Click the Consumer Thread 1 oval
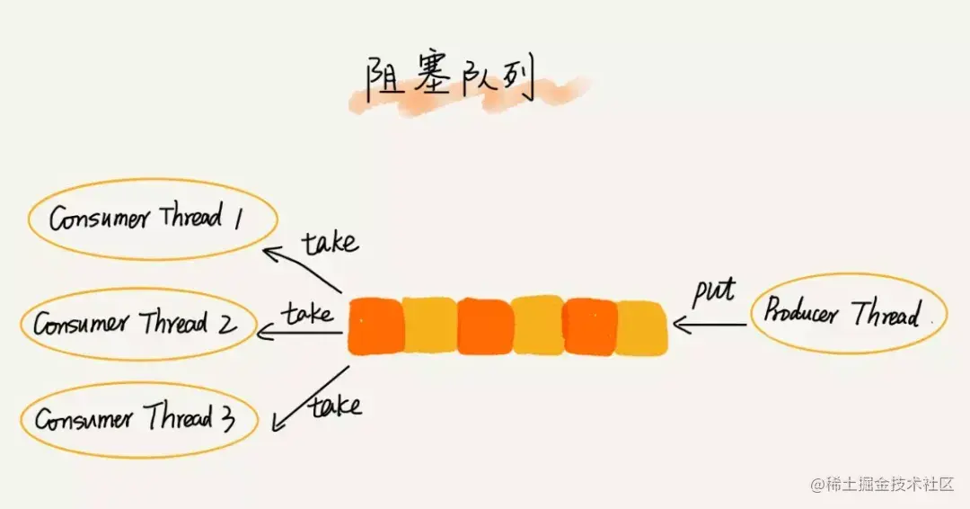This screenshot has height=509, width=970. click(x=151, y=219)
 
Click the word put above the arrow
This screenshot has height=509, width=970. click(x=713, y=290)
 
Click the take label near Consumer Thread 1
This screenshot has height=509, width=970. click(x=329, y=242)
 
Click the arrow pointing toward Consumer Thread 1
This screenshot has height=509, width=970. click(x=302, y=269)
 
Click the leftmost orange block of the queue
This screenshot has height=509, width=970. click(x=375, y=326)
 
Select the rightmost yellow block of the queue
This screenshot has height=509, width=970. click(x=642, y=328)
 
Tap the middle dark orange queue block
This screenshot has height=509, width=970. click(x=484, y=326)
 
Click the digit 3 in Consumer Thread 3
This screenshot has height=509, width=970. click(x=227, y=417)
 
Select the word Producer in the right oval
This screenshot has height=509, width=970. click(x=801, y=312)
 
